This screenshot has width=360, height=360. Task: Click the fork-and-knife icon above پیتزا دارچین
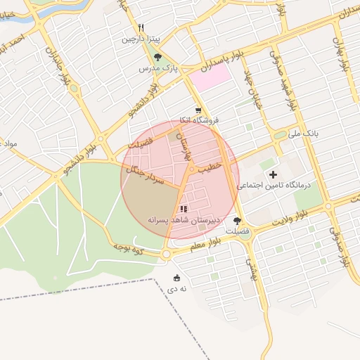(141, 28)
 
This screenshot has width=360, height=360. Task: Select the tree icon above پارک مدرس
(157, 57)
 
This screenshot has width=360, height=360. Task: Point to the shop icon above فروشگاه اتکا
(200, 110)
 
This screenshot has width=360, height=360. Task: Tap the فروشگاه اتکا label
(200, 121)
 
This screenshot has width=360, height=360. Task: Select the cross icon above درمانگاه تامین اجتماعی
(273, 174)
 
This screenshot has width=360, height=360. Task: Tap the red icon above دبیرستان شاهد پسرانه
(184, 209)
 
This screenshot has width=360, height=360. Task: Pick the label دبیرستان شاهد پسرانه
(184, 220)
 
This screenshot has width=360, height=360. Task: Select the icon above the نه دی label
(176, 276)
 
